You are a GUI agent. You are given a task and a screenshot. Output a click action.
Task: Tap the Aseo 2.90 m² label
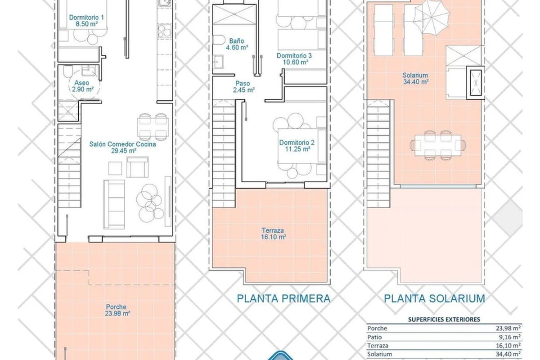pyautogui.click(x=82, y=86)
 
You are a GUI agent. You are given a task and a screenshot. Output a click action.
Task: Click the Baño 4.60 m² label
pyautogui.click(x=237, y=44)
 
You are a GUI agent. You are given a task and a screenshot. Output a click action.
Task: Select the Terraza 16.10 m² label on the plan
pyautogui.click(x=273, y=234)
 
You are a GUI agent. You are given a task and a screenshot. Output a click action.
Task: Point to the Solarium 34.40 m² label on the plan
pyautogui.click(x=415, y=79)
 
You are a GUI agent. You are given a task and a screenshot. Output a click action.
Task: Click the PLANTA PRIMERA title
pyautogui.click(x=283, y=298)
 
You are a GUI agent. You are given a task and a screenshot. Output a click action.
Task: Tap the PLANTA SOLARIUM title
pyautogui.click(x=434, y=298)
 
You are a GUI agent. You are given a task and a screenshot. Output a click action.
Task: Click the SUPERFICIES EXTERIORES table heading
pyautogui.click(x=444, y=319)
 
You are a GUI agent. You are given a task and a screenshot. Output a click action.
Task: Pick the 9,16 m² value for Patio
pyautogui.click(x=511, y=337)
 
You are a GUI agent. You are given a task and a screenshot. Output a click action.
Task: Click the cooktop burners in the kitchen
pyautogui.click(x=164, y=31)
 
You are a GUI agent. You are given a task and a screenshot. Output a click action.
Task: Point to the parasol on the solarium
pyautogui.click(x=432, y=17)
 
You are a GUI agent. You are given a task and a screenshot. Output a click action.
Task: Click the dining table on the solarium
pyautogui.click(x=437, y=145)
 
